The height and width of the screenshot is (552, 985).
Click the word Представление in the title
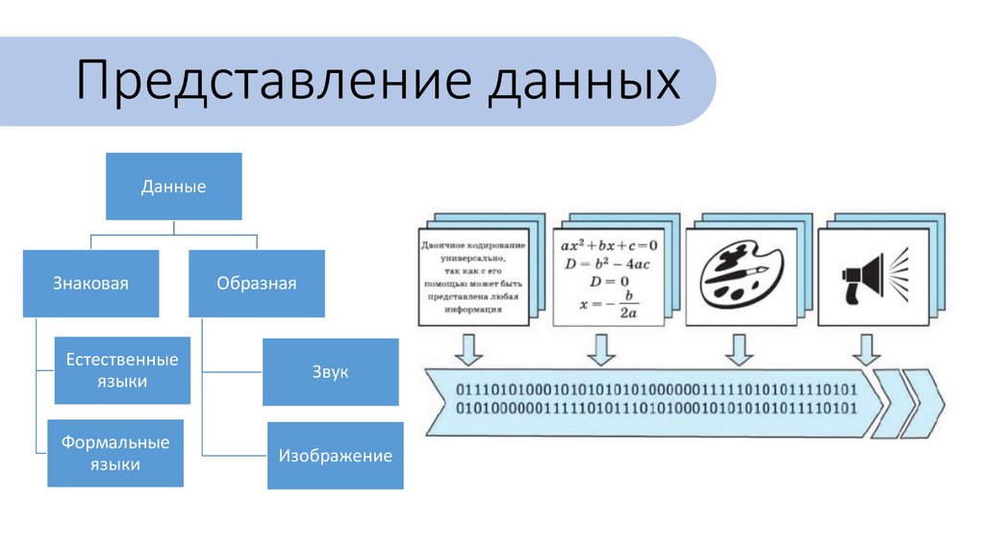click(273, 82)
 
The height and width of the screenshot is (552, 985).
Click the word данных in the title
click(583, 82)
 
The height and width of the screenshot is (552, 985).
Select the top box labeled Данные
click(173, 187)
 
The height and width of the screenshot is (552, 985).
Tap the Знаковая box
click(90, 284)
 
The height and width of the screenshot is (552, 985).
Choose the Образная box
click(256, 284)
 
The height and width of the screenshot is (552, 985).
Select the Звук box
click(331, 371)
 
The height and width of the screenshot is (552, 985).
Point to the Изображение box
click(335, 456)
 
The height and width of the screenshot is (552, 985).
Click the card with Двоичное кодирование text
click(473, 277)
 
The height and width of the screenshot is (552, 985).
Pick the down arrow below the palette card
click(738, 349)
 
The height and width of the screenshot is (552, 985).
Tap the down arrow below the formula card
click(601, 349)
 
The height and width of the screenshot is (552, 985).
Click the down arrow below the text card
click(468, 349)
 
